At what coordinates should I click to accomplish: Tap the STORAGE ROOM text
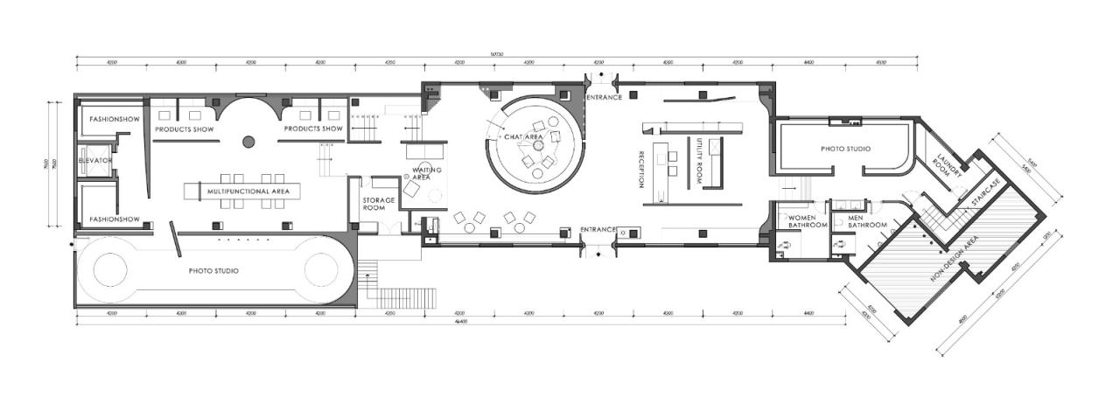pyautogui.click(x=379, y=204)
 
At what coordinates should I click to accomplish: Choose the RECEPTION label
pyautogui.click(x=641, y=169)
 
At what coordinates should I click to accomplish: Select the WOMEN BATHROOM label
pyautogui.click(x=808, y=220)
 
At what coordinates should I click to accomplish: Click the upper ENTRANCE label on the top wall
pyautogui.click(x=604, y=97)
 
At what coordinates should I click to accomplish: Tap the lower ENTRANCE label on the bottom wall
pyautogui.click(x=599, y=230)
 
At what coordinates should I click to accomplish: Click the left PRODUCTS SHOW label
pyautogui.click(x=185, y=129)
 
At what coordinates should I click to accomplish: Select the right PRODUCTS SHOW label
pyautogui.click(x=313, y=129)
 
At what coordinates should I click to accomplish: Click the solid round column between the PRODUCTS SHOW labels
pyautogui.click(x=248, y=140)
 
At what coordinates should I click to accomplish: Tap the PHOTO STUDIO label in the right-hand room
pyautogui.click(x=845, y=149)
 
